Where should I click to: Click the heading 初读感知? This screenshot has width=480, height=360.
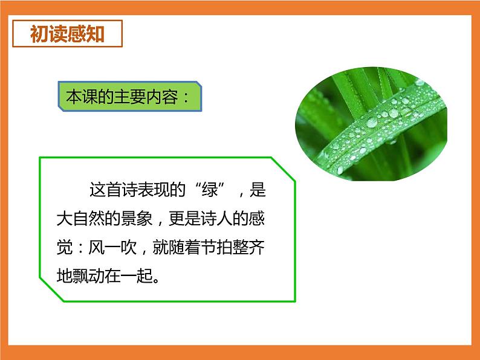point(67,34)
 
